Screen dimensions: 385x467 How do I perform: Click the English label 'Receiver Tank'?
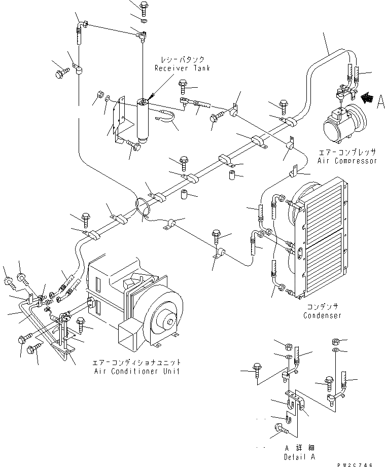pos(183,68)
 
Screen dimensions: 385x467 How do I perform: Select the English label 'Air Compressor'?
pos(347,161)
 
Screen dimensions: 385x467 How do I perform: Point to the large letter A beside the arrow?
pos(380,101)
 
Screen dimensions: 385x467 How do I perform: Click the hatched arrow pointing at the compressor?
pos(367,97)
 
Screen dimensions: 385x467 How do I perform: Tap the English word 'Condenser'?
pos(322,315)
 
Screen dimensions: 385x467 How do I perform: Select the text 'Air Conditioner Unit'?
pos(137,371)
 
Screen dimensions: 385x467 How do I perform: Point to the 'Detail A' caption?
pos(299,457)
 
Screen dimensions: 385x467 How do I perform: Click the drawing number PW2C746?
pos(355,464)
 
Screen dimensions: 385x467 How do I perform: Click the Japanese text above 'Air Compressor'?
pos(347,152)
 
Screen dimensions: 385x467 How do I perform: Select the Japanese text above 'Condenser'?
pos(323,307)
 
